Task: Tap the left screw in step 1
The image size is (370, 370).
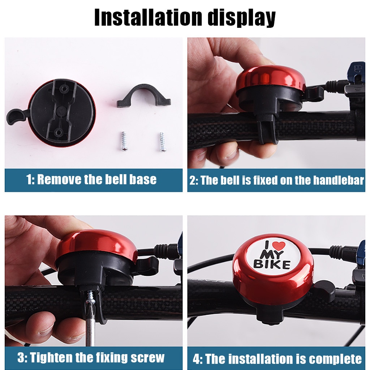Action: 124,141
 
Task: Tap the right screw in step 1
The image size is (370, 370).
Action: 161,141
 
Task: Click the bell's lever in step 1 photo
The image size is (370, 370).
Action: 16,116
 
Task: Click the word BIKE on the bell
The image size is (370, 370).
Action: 272,265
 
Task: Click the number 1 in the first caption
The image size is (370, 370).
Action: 30,180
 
